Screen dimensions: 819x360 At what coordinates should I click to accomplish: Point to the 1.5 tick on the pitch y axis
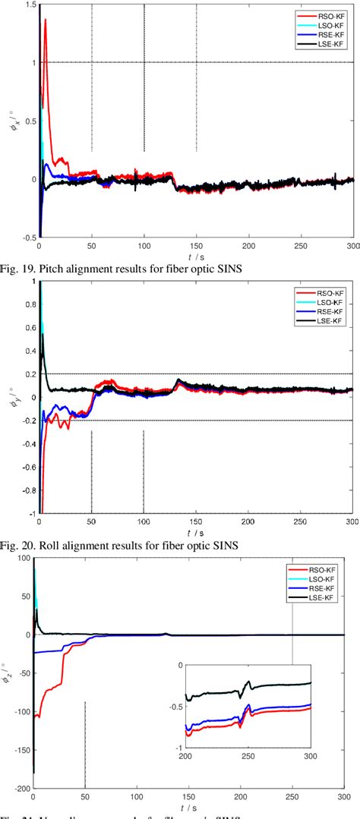pos(30,5)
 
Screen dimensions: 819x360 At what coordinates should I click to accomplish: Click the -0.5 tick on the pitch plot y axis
pos(28,238)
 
